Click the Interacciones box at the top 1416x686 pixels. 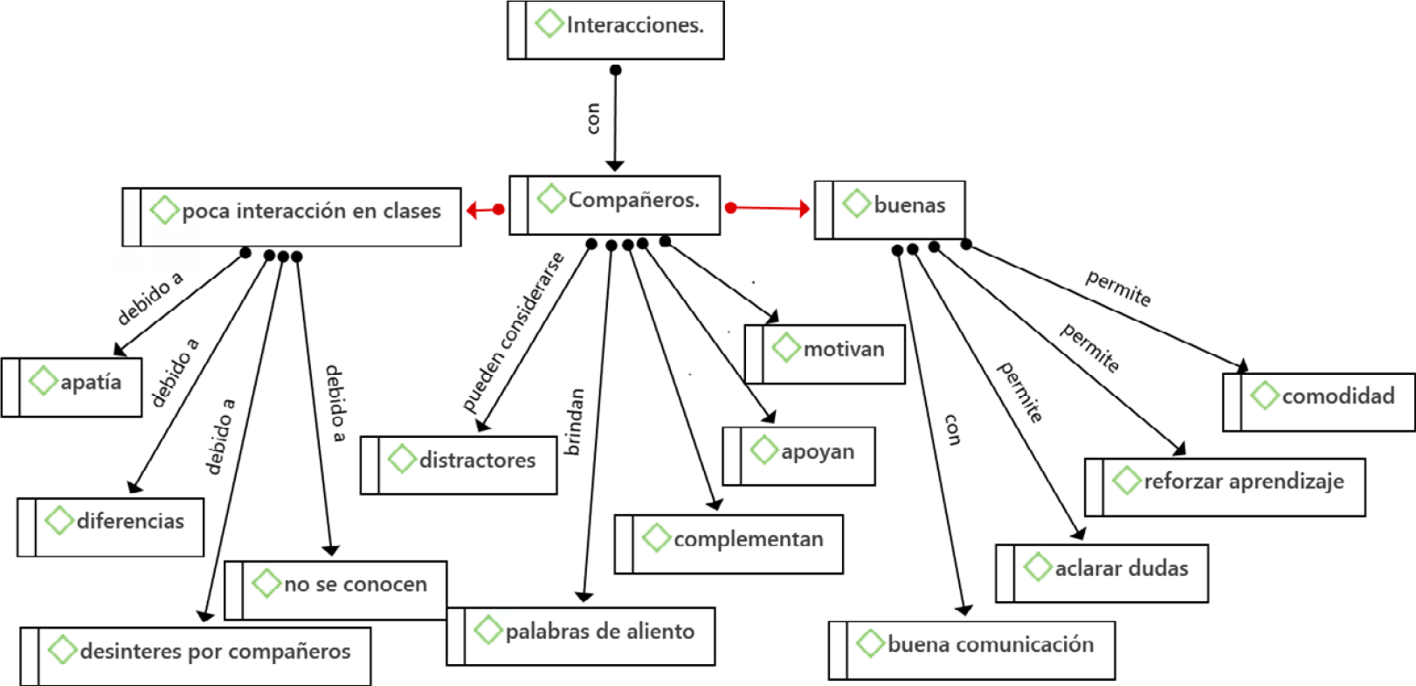(616, 31)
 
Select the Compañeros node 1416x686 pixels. (615, 205)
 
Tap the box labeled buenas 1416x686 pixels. (890, 210)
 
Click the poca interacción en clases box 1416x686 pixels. (292, 217)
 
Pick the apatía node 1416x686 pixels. (72, 387)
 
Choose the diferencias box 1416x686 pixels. (111, 527)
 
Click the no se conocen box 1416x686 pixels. (336, 590)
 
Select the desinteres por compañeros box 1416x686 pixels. (196, 656)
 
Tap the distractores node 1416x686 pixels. (459, 465)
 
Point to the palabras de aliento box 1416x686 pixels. (581, 636)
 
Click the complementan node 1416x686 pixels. (729, 544)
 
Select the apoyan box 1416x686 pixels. (799, 456)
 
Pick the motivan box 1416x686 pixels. (825, 354)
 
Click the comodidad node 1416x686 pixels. (1319, 402)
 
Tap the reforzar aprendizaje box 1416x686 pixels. (1226, 487)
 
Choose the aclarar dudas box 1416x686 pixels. (1102, 573)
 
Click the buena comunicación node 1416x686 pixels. (972, 650)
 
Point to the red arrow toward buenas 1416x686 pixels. (768, 208)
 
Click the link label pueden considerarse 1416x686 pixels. (514, 332)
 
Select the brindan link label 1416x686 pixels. (574, 422)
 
